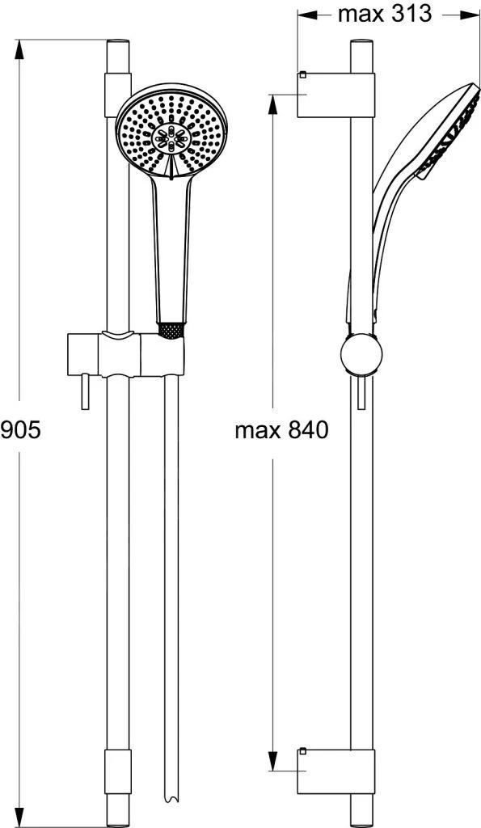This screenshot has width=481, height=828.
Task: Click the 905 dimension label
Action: pos(20,431)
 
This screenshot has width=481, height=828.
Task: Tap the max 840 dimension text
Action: pos(281,431)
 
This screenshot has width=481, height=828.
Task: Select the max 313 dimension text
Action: pos(385,15)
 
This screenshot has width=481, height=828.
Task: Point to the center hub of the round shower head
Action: pos(171,139)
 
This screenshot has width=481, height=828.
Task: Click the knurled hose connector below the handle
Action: pos(171,331)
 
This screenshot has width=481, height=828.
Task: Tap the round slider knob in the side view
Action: pos(361,356)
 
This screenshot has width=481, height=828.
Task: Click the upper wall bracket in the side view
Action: pos(335,95)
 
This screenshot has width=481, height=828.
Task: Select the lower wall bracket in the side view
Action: pos(335,771)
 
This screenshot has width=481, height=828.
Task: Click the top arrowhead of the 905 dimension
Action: pos(19,50)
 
